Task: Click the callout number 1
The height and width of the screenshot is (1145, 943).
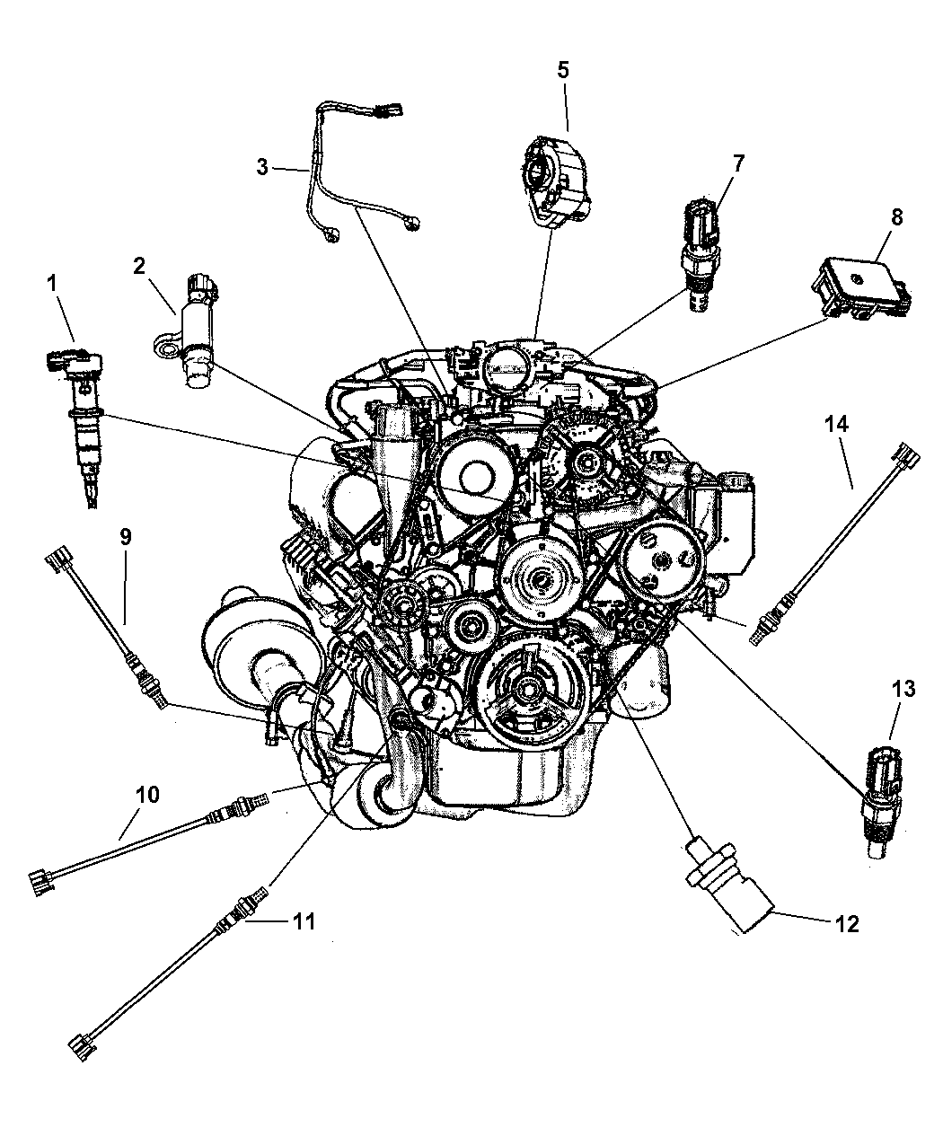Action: pyautogui.click(x=52, y=284)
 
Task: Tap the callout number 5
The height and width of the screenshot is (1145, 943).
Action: pyautogui.click(x=563, y=70)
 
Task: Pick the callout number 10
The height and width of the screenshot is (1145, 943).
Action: pyautogui.click(x=147, y=794)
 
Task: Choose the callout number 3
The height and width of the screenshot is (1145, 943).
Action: pyautogui.click(x=262, y=167)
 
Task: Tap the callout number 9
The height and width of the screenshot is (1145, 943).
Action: pyautogui.click(x=126, y=536)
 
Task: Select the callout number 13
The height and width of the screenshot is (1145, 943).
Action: pyautogui.click(x=903, y=690)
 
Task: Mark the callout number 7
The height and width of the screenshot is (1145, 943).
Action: pyautogui.click(x=737, y=163)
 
